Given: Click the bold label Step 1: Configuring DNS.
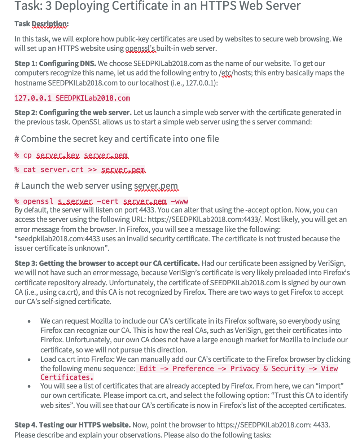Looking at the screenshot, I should pyautogui.click(x=55, y=63).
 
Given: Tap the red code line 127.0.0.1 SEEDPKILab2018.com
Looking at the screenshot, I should pyautogui.click(x=72, y=98).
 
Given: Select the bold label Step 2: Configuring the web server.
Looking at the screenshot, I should pyautogui.click(x=73, y=113).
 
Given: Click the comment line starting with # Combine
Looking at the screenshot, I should pyautogui.click(x=117, y=139).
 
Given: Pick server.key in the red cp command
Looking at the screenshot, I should pyautogui.click(x=58, y=155).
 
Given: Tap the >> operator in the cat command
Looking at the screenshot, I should pyautogui.click(x=92, y=170).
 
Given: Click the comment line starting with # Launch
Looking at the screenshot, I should pyautogui.click(x=96, y=186).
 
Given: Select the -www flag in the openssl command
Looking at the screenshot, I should pyautogui.click(x=179, y=201).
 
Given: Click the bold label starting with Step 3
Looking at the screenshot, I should pyautogui.click(x=107, y=263).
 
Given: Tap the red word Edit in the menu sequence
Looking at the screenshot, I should pyautogui.click(x=148, y=369).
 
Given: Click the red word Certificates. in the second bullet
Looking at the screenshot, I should pyautogui.click(x=67, y=377).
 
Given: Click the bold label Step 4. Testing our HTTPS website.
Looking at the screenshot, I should pyautogui.click(x=73, y=425).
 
